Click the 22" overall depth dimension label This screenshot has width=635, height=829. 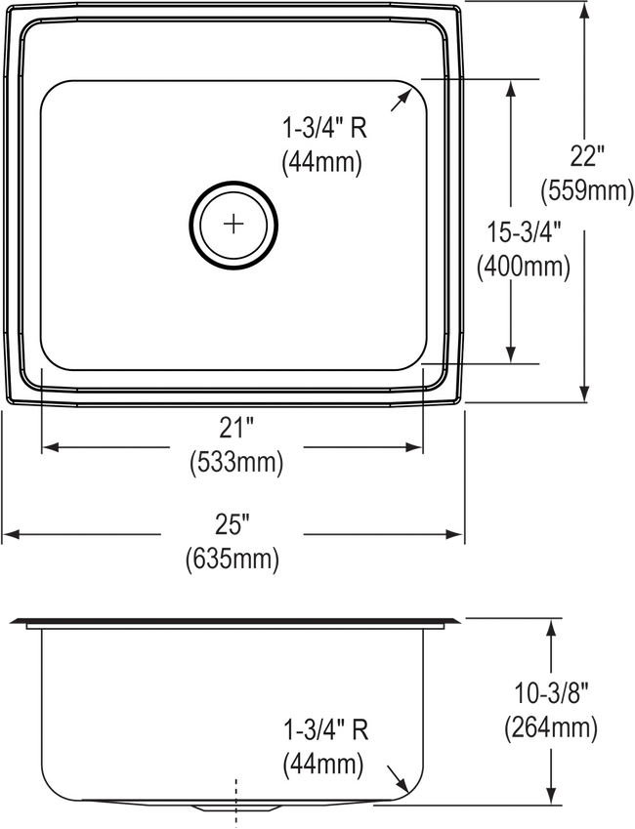click(x=587, y=156)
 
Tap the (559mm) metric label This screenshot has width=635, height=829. click(x=587, y=189)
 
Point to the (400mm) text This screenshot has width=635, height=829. click(x=524, y=267)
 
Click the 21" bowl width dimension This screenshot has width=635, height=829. click(x=236, y=427)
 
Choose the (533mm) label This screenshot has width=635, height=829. click(x=236, y=462)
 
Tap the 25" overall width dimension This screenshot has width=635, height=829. click(x=233, y=524)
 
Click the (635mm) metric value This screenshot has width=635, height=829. click(x=233, y=559)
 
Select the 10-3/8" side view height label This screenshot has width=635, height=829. click(x=551, y=693)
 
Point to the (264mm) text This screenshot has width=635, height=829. click(x=551, y=728)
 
